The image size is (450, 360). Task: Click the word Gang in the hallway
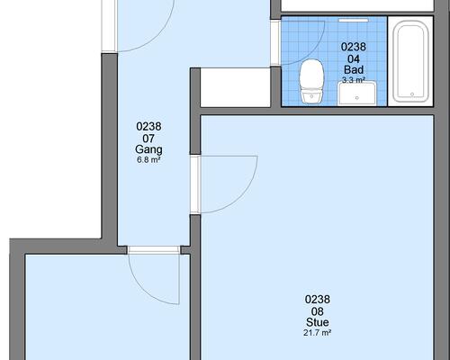click(x=148, y=149)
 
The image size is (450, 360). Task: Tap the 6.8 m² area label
click(x=148, y=159)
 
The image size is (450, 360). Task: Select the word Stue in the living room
click(x=318, y=322)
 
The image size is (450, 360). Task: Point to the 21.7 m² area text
click(x=317, y=333)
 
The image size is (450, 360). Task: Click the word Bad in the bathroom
click(x=354, y=69)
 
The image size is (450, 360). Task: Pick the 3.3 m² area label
click(x=354, y=80)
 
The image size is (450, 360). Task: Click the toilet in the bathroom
click(x=312, y=82)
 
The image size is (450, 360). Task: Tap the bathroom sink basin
click(x=356, y=94)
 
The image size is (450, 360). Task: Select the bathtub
click(x=410, y=61)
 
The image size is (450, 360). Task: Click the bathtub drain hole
click(x=412, y=94)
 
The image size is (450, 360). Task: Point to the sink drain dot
click(x=356, y=98)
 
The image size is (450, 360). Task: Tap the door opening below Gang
click(x=154, y=250)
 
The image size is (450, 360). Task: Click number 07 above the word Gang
click(x=148, y=139)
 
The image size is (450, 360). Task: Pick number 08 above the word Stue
click(x=318, y=311)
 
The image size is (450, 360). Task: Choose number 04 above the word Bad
click(x=354, y=58)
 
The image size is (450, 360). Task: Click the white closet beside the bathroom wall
click(x=236, y=87)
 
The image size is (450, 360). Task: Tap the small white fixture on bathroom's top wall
click(x=354, y=20)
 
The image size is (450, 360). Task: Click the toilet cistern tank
click(x=312, y=96)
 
